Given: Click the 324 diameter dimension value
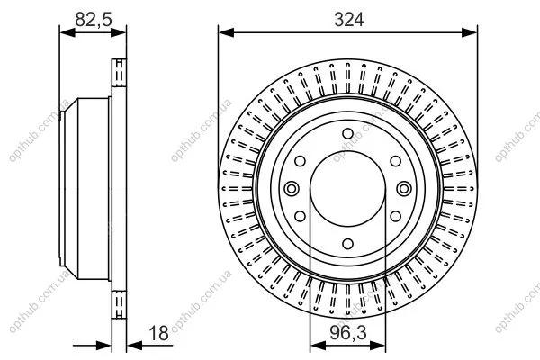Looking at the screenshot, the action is [348, 19].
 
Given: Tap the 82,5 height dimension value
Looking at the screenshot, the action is [94, 19].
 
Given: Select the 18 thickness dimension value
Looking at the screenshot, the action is [158, 333].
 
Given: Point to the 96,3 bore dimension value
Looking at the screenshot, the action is [348, 333].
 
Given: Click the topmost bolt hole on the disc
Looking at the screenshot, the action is [347, 134].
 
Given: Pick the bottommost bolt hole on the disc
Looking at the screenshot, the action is [347, 244].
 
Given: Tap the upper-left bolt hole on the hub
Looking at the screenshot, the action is [300, 161].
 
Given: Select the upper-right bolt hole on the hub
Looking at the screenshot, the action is [396, 161].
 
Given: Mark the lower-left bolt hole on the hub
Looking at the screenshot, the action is [300, 216].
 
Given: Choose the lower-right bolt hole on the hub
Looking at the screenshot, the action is [396, 216].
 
